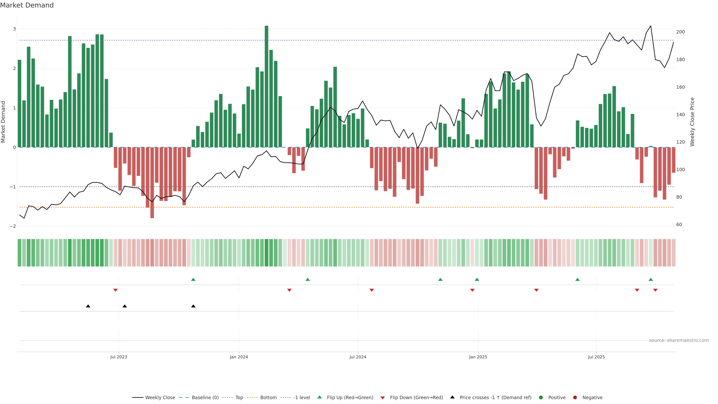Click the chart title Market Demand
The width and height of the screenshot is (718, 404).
[27, 5]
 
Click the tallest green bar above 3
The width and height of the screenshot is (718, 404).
[266, 86]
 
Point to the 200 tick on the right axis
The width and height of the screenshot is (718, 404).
[680, 32]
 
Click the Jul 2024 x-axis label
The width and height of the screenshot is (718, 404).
[358, 357]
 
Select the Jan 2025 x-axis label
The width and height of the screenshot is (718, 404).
[478, 357]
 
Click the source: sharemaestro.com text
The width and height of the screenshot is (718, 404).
[679, 340]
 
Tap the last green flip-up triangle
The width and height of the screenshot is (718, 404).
[651, 280]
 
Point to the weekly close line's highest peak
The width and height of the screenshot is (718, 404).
[651, 26]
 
